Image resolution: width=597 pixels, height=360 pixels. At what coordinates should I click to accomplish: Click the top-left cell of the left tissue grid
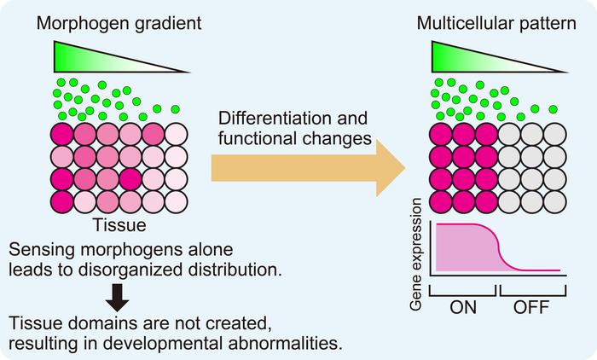pos(63,136)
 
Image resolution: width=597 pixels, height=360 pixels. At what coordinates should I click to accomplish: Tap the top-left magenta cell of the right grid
pos(443,136)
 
